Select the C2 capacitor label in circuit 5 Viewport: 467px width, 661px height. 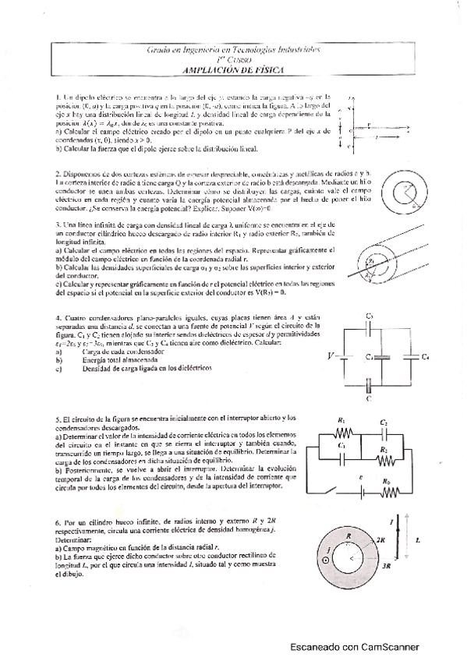[x=384, y=422]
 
